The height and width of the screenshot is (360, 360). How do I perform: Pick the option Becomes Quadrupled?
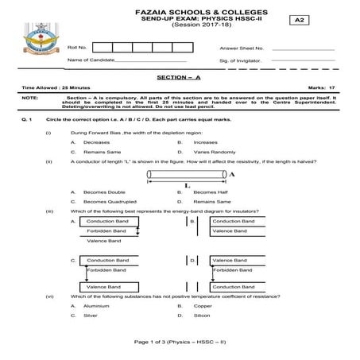[x=108, y=201]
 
